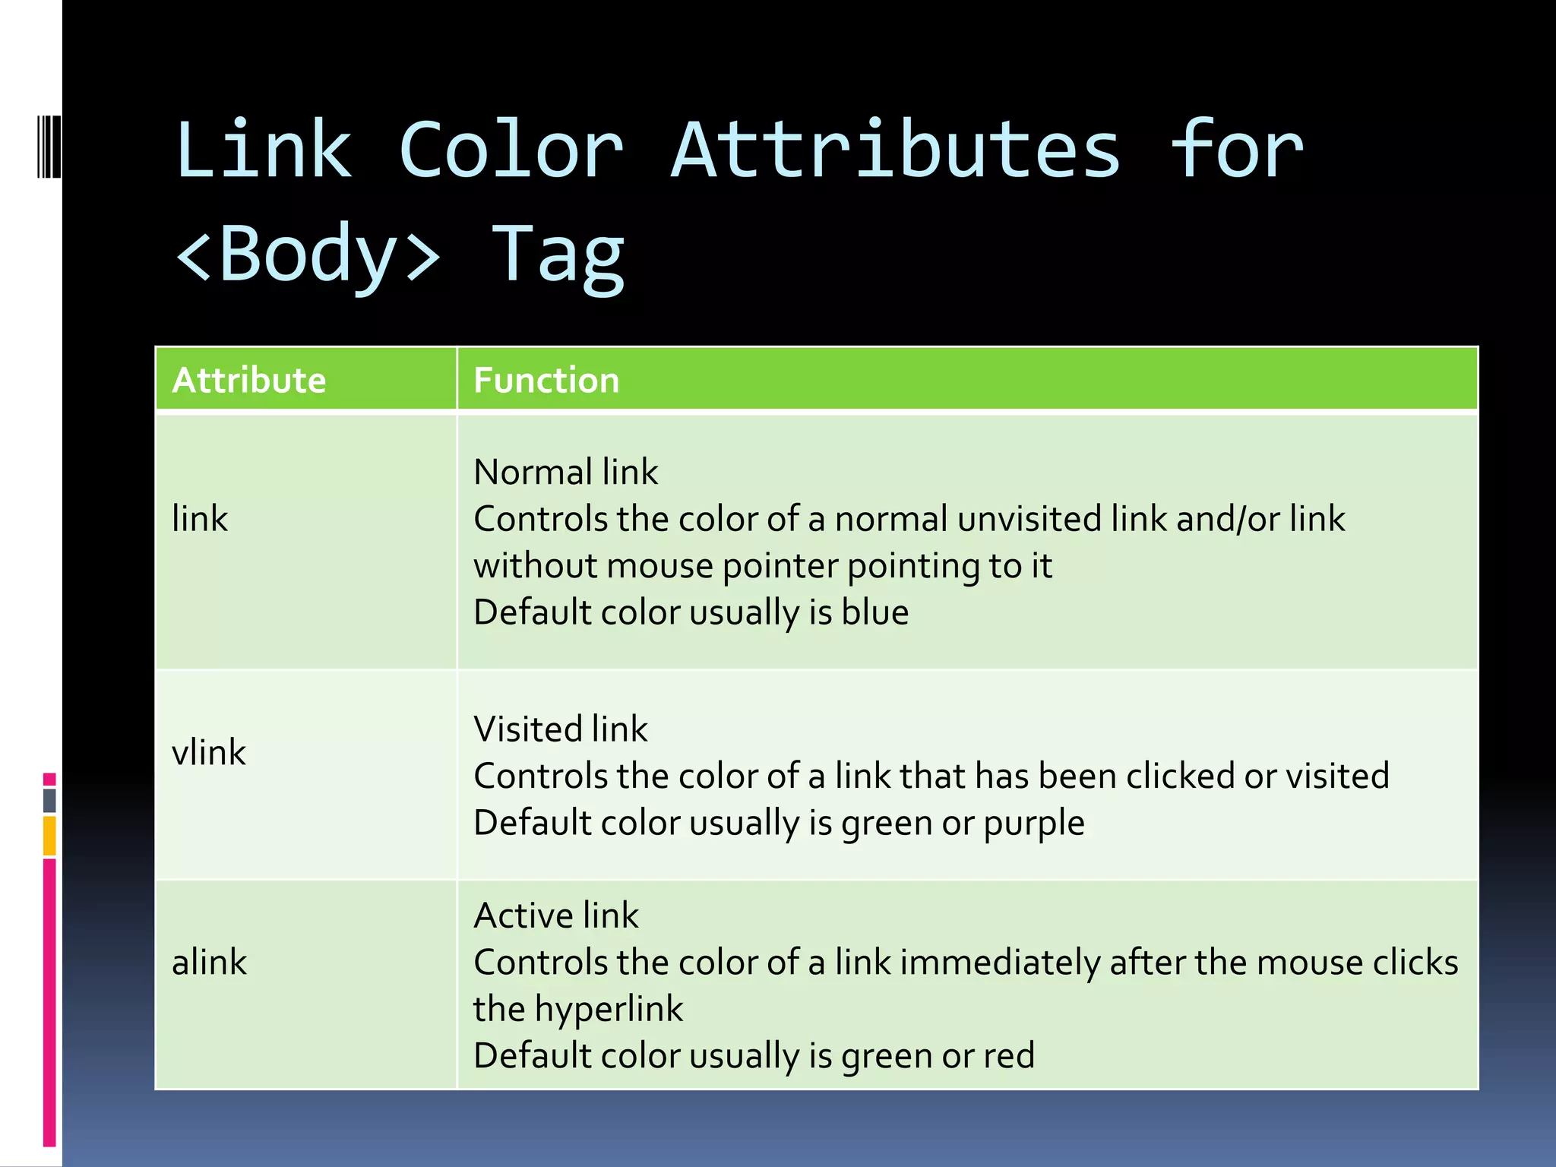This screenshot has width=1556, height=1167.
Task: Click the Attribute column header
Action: [248, 380]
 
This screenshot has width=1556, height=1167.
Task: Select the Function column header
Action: [546, 380]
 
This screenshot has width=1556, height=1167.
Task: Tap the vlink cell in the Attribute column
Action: [209, 753]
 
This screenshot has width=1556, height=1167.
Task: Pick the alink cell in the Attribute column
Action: [209, 963]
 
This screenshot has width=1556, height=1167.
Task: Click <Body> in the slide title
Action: [308, 255]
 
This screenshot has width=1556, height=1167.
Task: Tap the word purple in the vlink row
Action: [1034, 824]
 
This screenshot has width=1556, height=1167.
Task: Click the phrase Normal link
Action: [566, 472]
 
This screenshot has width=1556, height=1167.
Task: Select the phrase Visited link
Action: [561, 729]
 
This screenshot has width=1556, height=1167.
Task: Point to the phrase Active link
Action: [556, 916]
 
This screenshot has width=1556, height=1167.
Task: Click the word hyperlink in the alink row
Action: [609, 1010]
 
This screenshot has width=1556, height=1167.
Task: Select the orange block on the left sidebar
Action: [49, 836]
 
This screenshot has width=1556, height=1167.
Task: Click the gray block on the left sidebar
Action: [49, 801]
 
